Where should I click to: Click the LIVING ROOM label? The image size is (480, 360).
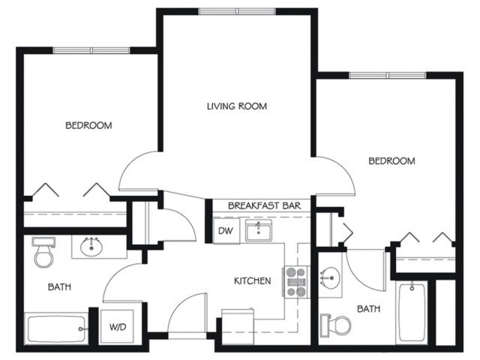pos(236,106)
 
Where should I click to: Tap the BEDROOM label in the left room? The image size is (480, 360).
pos(88,125)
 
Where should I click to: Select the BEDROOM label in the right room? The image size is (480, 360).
pos(391,161)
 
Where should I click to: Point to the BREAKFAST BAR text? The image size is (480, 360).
pos(264,205)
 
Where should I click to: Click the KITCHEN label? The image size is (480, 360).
pos(252,281)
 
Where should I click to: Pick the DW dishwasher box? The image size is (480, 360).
pos(225,231)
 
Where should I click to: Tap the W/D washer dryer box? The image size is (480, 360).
pos(117,327)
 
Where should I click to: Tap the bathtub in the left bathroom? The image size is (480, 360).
pos(56,328)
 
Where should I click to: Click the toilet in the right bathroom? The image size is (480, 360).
pos(337,324)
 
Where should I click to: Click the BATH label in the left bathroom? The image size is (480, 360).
pos(59,286)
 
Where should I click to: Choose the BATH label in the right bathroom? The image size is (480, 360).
pos(368,308)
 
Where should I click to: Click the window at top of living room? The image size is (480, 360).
pos(236,11)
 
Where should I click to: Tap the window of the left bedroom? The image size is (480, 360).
pos(91,50)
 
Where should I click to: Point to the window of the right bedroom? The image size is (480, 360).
pos(387,75)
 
